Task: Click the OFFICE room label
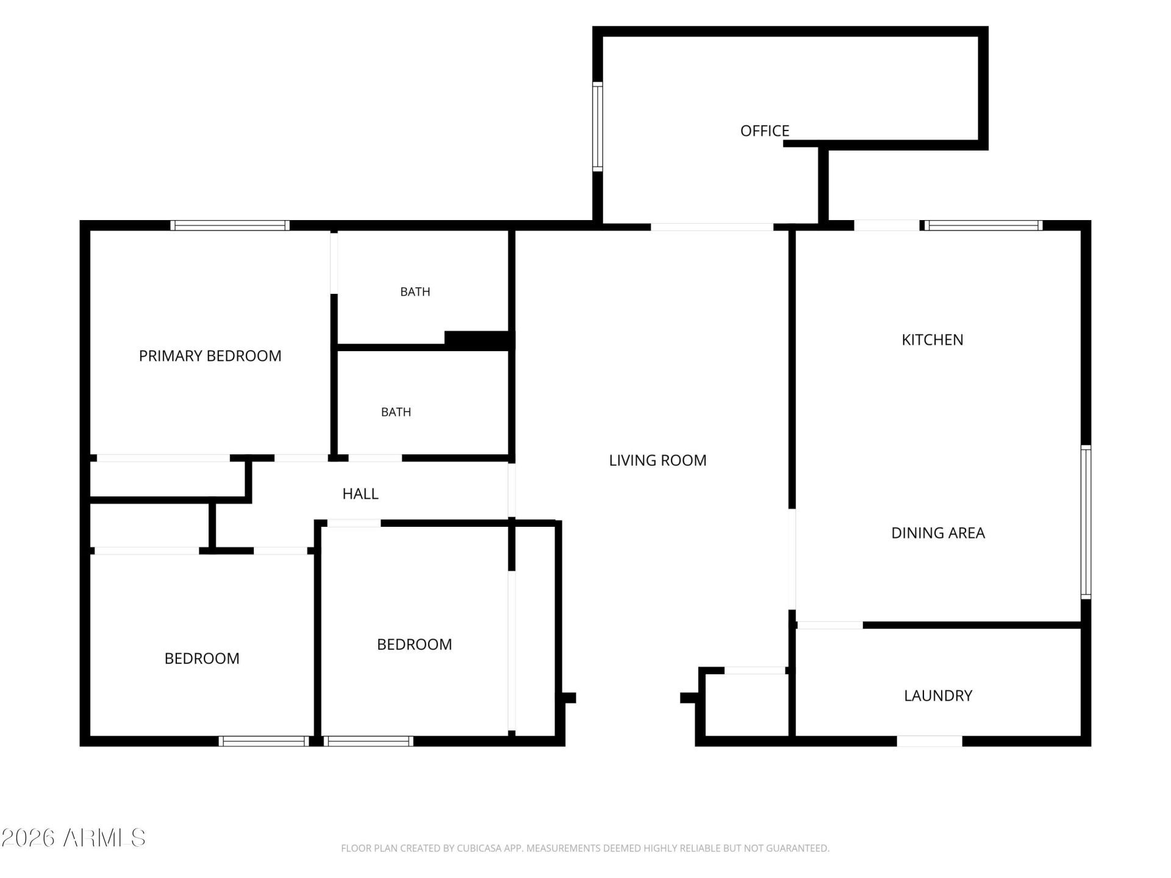coord(764,130)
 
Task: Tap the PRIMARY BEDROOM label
coord(210,355)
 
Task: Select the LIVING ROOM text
coord(657,460)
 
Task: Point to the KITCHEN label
coord(932,340)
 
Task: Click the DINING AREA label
coord(938,533)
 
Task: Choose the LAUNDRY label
coord(938,696)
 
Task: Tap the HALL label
coord(360,494)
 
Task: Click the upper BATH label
coord(415,292)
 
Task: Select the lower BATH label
coord(396,412)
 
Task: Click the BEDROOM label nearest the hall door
coord(414,644)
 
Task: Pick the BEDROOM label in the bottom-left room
coord(202,659)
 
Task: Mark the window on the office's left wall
coord(598,126)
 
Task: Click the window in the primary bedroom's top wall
coord(230,226)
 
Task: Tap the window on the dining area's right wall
coord(1086,523)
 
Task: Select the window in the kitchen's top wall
coord(984,226)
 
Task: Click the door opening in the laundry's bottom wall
coord(929,741)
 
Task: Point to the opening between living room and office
coord(712,227)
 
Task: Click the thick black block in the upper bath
coord(480,340)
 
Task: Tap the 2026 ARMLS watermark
coord(73,838)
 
